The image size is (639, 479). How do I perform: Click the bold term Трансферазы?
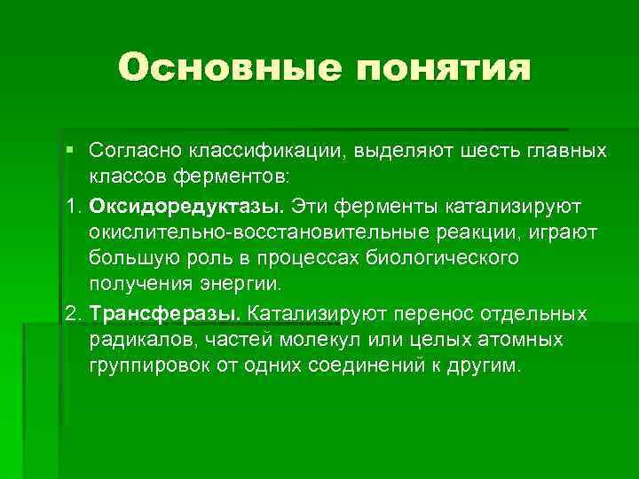[x=164, y=315]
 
